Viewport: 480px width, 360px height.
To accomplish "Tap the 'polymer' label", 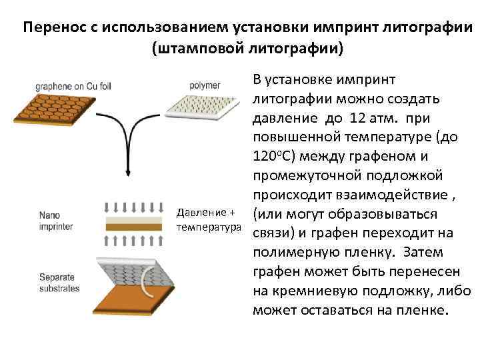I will [x=205, y=86].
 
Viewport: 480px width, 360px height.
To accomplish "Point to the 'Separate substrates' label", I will [x=59, y=283].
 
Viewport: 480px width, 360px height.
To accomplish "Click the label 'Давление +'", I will [x=205, y=213].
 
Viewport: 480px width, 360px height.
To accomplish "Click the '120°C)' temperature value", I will [x=273, y=156].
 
